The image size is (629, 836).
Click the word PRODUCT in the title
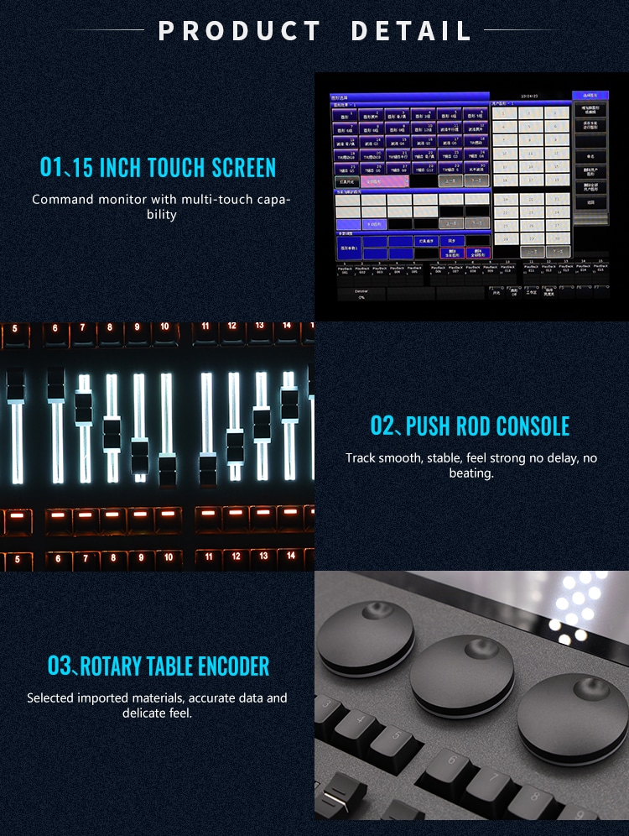[240, 31]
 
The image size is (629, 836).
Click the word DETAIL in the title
[411, 31]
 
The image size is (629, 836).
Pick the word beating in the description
[470, 473]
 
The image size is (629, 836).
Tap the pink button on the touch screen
[385, 180]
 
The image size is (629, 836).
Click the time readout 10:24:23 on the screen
[531, 97]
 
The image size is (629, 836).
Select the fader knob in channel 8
[111, 435]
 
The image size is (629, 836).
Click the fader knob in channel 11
[207, 463]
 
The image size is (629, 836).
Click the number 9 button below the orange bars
[141, 557]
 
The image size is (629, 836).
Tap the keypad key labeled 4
[353, 721]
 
